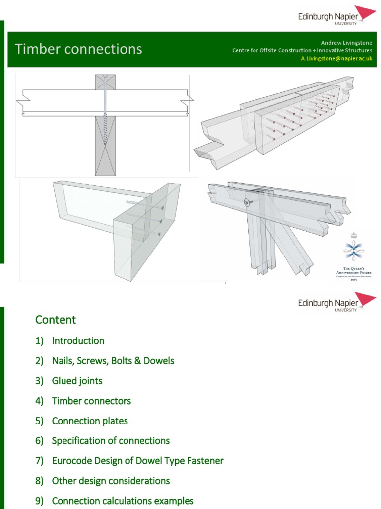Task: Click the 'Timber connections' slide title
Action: tap(78, 49)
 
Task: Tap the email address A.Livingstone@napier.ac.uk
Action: tap(337, 58)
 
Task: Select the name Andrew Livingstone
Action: tap(346, 43)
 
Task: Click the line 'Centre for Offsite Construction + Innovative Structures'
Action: tap(302, 50)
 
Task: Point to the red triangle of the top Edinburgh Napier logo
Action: tap(366, 13)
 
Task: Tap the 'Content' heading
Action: tap(56, 320)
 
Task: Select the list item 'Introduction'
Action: tap(78, 341)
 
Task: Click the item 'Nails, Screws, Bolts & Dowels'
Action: tap(113, 361)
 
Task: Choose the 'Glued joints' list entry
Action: tap(77, 381)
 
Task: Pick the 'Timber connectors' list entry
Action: tap(91, 401)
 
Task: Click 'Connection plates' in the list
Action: tap(90, 421)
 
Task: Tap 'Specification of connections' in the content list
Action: tap(111, 440)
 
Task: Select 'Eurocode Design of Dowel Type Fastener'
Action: tap(137, 461)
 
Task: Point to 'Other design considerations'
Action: tap(111, 481)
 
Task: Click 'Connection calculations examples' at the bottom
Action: tap(123, 501)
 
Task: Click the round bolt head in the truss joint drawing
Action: tap(246, 202)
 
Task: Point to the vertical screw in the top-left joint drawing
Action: tap(105, 114)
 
